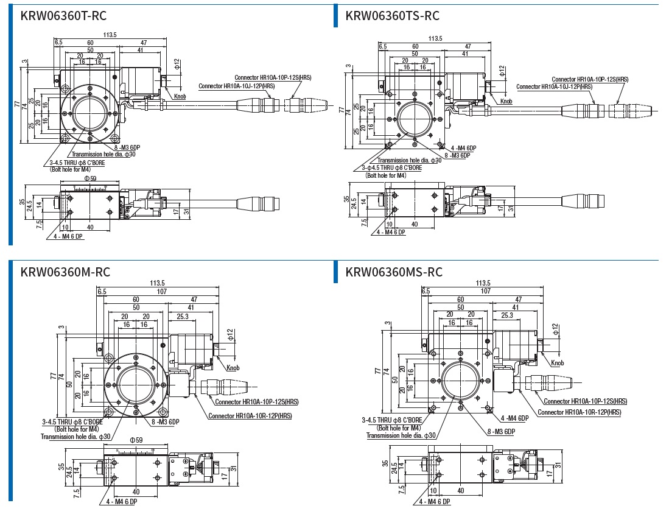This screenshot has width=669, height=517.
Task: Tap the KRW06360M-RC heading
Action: point(65,272)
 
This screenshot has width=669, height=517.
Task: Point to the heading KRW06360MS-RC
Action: point(394,272)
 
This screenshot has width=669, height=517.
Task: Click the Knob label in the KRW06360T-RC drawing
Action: point(180,96)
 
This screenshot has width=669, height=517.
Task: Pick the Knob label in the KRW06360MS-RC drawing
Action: point(557,364)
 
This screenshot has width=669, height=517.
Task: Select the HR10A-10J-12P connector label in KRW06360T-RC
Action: point(237,86)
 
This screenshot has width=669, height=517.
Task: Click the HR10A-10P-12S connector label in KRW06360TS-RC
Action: point(590,79)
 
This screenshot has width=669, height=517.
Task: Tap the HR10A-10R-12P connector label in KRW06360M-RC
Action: point(250,416)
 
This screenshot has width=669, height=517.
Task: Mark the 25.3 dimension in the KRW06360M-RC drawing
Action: point(182,316)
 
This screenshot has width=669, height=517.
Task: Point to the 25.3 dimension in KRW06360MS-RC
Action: point(506,315)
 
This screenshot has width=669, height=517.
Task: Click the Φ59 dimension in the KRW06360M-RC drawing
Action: point(136,440)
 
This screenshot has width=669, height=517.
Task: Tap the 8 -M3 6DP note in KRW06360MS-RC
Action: point(500,431)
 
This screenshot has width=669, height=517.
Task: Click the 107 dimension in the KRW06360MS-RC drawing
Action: point(485,290)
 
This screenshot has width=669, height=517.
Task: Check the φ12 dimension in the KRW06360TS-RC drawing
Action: point(502,71)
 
